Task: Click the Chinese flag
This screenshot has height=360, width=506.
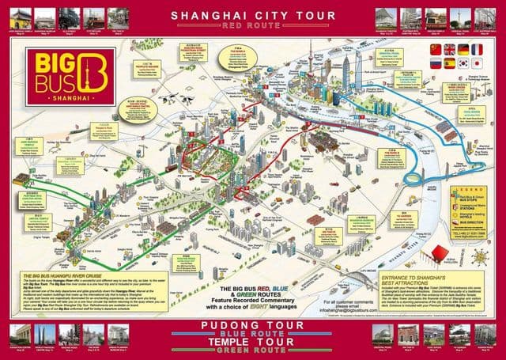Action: point(436,49)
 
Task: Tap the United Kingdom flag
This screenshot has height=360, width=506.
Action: point(450,49)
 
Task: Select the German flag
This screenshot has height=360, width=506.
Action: point(463,49)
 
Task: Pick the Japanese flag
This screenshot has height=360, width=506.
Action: point(477,63)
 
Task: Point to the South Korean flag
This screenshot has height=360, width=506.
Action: point(463,63)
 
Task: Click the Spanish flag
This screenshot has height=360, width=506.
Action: point(450,63)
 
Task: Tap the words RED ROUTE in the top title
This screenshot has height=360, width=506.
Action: point(252,25)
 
